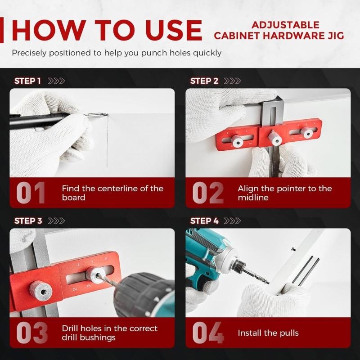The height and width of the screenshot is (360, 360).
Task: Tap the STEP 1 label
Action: [x=27, y=81]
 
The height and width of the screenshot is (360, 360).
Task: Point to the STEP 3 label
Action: [x=27, y=221]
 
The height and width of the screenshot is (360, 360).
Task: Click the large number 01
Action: [x=31, y=193]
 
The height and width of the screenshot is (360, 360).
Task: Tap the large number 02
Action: [x=207, y=193]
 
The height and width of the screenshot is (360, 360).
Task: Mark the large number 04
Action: [x=208, y=333]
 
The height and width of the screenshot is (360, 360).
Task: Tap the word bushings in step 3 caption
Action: [x=98, y=337]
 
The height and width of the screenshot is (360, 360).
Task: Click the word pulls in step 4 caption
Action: [x=287, y=333]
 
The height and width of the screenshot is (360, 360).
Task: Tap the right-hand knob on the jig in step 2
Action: [x=308, y=133]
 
